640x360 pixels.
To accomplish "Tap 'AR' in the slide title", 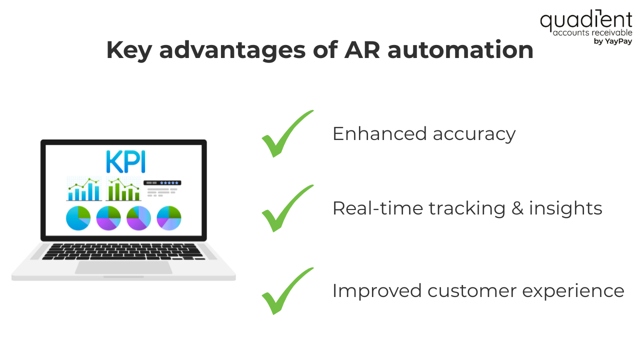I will click(359, 50).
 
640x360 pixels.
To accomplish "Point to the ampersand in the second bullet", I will click(517, 208).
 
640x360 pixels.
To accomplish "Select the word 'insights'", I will click(566, 208).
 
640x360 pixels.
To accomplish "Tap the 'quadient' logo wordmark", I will click(585, 21).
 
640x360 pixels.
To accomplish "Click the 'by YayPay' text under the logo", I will click(612, 41).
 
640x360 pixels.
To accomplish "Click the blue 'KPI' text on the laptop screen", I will click(125, 161).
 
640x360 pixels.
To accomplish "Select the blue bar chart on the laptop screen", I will click(84, 189).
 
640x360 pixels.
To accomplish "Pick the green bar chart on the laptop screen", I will click(123, 189).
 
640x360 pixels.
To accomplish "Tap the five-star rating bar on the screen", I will click(162, 183).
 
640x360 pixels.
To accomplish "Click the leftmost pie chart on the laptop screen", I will click(78, 218).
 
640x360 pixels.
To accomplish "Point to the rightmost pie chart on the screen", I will click(169, 218).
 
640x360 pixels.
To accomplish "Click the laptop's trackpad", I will click(123, 267).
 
